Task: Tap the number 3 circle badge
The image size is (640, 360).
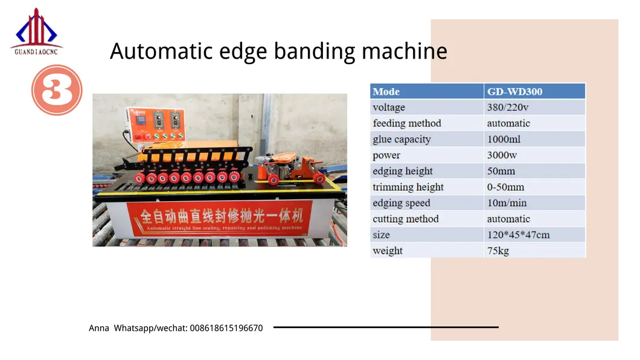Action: (56, 91)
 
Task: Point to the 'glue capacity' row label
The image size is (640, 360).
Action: (402, 140)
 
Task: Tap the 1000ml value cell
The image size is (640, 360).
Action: (504, 140)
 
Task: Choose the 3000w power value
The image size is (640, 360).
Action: (502, 155)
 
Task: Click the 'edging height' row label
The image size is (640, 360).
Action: (403, 171)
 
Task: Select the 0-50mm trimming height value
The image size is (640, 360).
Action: (505, 187)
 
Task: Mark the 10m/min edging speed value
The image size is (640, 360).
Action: (507, 203)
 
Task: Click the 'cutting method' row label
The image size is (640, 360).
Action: (406, 219)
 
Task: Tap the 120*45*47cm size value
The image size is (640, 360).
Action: (518, 234)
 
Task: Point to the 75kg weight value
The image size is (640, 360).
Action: (498, 251)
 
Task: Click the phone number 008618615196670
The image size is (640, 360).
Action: (226, 328)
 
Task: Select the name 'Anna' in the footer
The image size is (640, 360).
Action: (99, 328)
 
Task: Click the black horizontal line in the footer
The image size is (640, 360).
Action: (386, 327)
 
